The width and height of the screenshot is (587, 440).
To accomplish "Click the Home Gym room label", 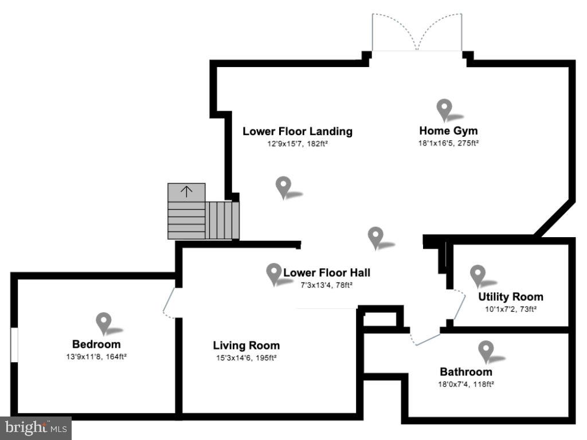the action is click(448, 131).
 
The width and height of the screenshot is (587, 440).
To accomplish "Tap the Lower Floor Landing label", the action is click(298, 131).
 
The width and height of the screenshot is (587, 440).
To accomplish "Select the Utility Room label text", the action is click(511, 297).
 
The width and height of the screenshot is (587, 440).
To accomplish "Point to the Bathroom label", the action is click(466, 372).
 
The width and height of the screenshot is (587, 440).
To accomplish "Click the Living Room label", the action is click(246, 345).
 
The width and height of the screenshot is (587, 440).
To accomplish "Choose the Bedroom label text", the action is click(96, 344).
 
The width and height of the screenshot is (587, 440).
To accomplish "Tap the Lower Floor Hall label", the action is click(327, 273).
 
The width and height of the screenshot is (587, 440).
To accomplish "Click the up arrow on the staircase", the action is click(186, 191).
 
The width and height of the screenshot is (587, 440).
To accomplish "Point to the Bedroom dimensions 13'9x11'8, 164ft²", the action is click(96, 356).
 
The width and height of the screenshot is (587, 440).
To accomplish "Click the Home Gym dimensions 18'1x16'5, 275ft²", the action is click(448, 143).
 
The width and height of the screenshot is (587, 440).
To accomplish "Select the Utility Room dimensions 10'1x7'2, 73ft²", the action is click(511, 309).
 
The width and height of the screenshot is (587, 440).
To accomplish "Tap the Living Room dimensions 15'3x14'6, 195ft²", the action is click(246, 357).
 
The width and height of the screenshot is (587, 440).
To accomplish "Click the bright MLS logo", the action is click(36, 427).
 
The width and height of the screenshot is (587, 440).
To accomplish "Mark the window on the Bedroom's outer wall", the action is click(14, 345).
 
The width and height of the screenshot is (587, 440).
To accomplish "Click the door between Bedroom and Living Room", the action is click(169, 303).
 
